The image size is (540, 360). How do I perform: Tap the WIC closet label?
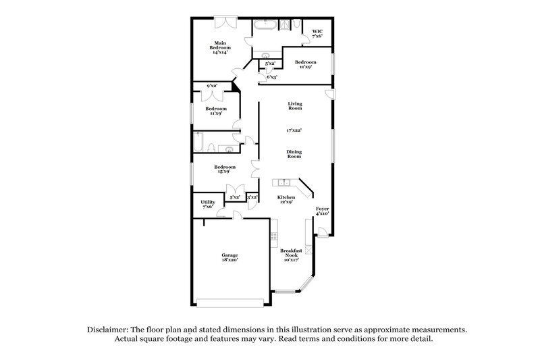(x=317, y=32)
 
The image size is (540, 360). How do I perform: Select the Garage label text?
(x=229, y=257)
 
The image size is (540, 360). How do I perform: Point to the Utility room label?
(x=207, y=203)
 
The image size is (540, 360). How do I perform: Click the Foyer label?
(x=322, y=211)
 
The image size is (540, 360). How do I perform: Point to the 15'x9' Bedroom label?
(x=225, y=169)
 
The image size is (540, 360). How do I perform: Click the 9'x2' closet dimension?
(x=211, y=86)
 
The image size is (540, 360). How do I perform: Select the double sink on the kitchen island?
(x=285, y=182)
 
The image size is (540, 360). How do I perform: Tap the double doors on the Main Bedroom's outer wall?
(x=224, y=22)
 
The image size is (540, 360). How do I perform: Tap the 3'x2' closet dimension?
(x=252, y=197)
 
